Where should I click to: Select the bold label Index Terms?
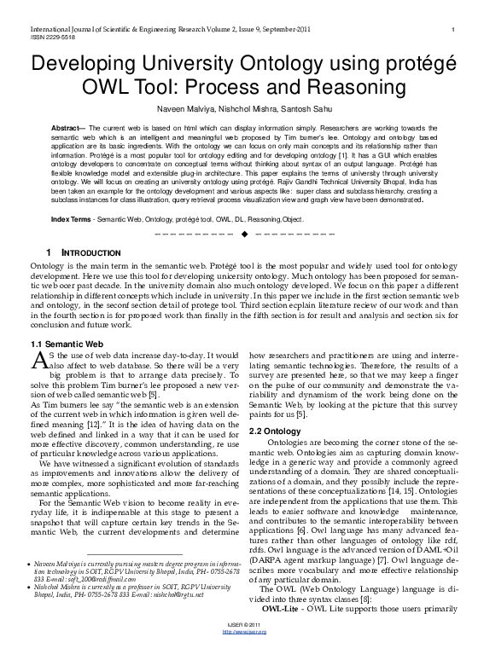click(x=72, y=219)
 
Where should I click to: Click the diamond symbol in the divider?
click(x=243, y=234)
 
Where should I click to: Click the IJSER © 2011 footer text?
click(x=242, y=648)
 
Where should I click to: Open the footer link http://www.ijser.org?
click(x=242, y=654)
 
